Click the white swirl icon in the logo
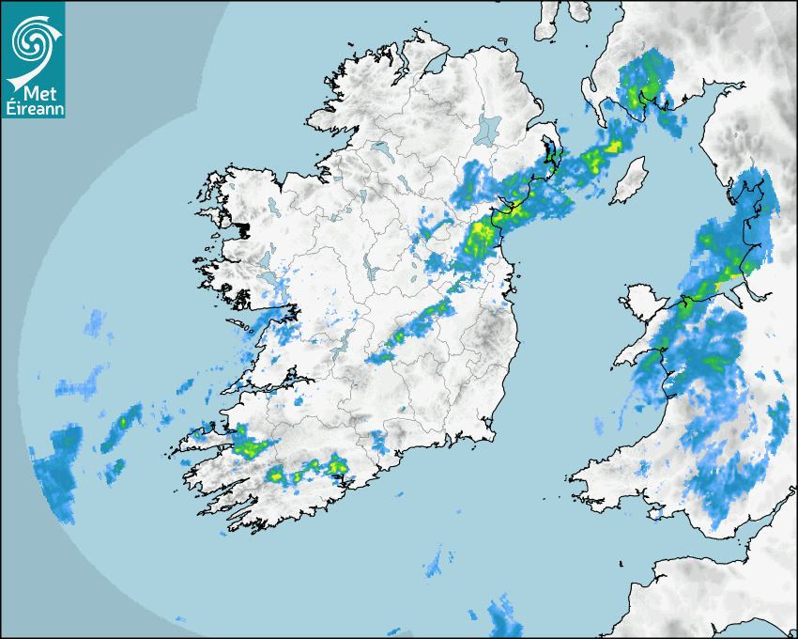click(x=31, y=39)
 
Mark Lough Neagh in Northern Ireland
click(x=488, y=130)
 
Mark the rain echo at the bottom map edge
click(x=504, y=616)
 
